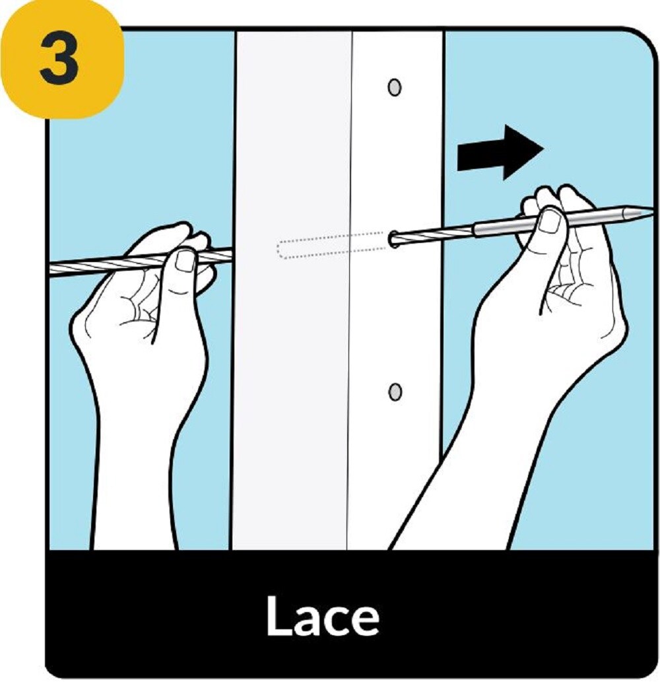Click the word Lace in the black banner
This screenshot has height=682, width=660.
click(x=323, y=615)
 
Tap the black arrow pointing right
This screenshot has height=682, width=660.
click(x=500, y=152)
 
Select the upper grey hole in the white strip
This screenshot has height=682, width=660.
click(x=394, y=87)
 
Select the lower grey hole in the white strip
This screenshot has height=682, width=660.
click(x=394, y=392)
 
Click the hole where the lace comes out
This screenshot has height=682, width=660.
click(x=394, y=239)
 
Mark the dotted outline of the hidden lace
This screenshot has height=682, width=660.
click(x=333, y=246)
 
